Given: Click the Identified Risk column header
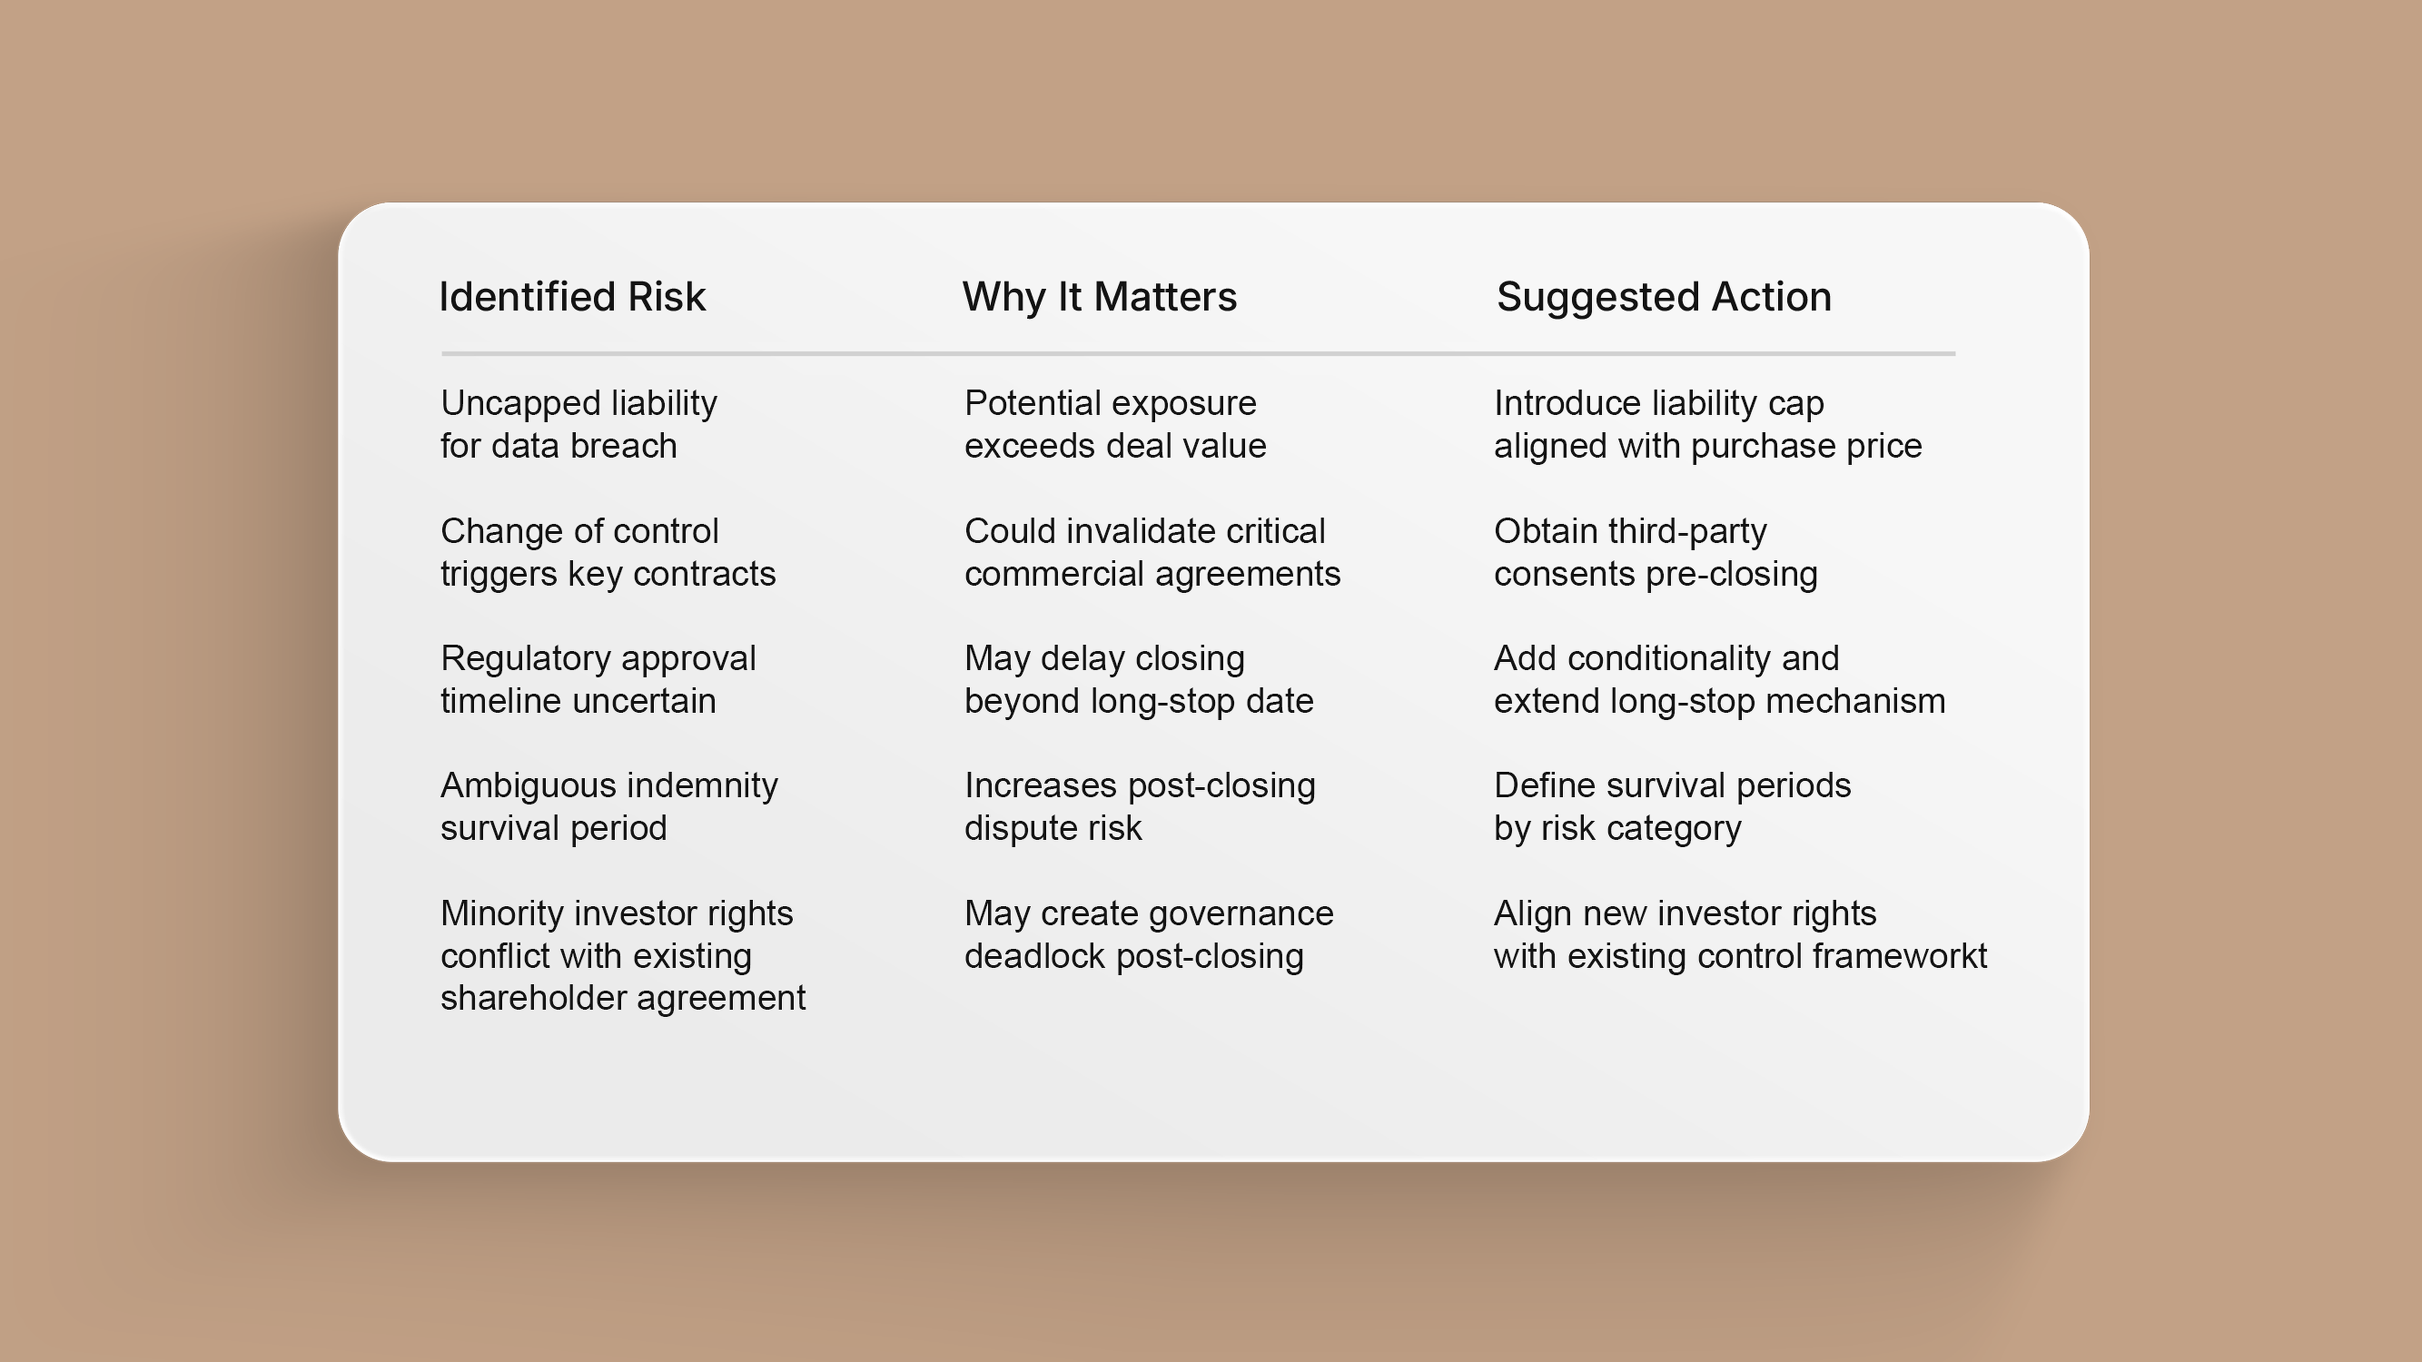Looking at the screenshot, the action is pos(572,297).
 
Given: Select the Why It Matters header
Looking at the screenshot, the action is pos(1099,297).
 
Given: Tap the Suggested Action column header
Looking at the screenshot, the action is pos(1663,297).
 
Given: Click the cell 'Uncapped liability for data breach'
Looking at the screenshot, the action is pos(578,424).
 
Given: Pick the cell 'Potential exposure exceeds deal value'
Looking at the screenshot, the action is pos(1115,424).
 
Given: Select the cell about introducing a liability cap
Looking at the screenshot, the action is pos(1707,424).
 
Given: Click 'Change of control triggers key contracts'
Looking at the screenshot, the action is pos(608,552).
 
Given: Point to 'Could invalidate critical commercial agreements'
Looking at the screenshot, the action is pos(1152,552).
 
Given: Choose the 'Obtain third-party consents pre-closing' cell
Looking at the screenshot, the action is pos(1655,552).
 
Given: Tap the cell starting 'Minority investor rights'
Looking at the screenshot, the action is pos(623,955).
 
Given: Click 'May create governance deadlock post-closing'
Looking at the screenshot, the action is pos(1148,934).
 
